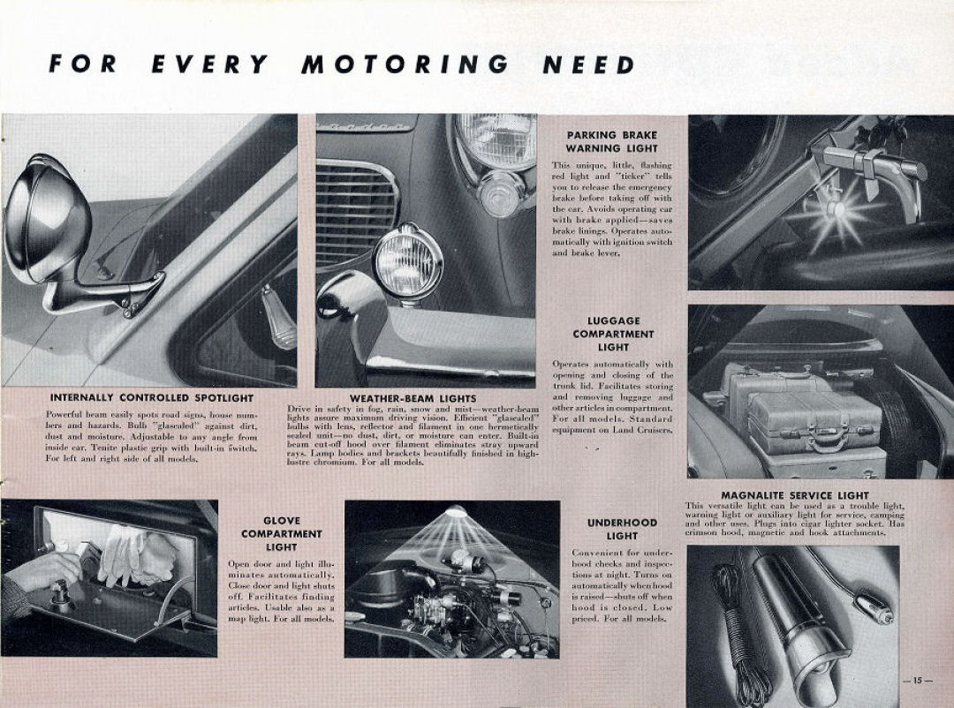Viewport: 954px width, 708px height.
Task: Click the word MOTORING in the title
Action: coord(405,64)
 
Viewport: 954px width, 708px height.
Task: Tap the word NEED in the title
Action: coord(589,64)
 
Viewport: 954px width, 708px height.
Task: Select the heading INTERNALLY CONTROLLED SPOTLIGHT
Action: coord(152,398)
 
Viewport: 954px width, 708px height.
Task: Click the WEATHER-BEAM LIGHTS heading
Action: coord(413,399)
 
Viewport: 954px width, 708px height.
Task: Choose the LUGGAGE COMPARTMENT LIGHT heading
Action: coord(613,335)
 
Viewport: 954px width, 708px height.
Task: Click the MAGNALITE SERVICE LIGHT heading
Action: coord(794,495)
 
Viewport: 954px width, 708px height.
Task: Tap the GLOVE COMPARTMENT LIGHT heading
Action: coord(281,534)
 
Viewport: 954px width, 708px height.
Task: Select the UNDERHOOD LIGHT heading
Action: coord(622,529)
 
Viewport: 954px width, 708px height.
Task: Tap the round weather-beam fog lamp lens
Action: coord(407,261)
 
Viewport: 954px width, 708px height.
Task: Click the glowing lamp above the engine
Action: coord(456,512)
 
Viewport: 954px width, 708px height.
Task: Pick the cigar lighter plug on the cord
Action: coord(871,610)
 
